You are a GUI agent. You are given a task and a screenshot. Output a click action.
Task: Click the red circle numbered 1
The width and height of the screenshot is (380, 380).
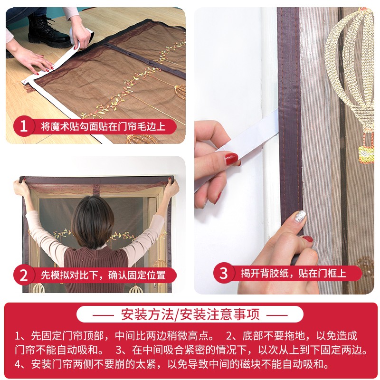pyautogui.click(x=24, y=127)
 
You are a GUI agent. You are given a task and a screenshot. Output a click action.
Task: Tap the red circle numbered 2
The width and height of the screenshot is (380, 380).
pyautogui.click(x=24, y=275)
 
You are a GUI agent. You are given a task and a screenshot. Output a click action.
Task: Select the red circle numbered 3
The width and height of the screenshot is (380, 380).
pyautogui.click(x=224, y=273)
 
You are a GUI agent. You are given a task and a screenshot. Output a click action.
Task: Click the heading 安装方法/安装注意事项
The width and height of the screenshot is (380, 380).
pyautogui.click(x=190, y=314)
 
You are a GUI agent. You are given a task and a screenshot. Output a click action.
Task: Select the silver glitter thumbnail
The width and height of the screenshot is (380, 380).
pyautogui.click(x=300, y=217)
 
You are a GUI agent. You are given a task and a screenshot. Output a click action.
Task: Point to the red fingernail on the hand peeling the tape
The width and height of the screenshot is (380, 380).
pyautogui.click(x=231, y=159)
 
